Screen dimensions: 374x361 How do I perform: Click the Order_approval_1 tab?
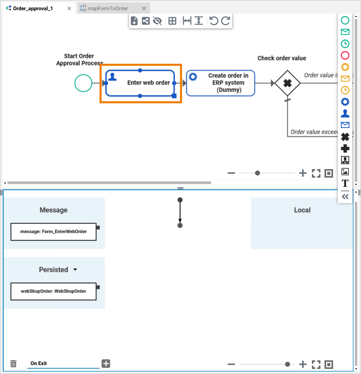[x=33, y=9]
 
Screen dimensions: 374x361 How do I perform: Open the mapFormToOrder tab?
[x=107, y=9]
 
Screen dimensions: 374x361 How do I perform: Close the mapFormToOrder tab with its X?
[x=144, y=9]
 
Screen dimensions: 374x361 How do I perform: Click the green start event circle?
[x=83, y=83]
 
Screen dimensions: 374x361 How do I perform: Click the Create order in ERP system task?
[x=221, y=83]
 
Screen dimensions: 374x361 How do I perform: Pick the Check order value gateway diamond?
[x=287, y=83]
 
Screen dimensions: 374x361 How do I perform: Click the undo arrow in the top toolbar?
[x=214, y=21]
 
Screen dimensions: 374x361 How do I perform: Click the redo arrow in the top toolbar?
[x=226, y=21]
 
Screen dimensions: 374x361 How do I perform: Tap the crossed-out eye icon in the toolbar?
[x=157, y=21]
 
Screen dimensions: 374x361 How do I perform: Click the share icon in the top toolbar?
[x=146, y=21]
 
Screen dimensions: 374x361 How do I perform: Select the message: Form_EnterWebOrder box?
[x=54, y=231]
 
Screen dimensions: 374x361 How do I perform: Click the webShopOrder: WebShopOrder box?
[x=54, y=291]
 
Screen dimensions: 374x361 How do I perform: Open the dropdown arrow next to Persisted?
[x=75, y=270]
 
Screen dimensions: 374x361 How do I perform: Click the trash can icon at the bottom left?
[x=13, y=363]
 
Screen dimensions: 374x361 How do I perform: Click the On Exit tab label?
[x=39, y=363]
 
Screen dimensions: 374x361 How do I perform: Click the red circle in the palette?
[x=345, y=55]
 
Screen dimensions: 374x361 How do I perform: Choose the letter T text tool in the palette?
[x=345, y=183]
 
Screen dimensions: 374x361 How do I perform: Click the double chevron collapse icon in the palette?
[x=345, y=196]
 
